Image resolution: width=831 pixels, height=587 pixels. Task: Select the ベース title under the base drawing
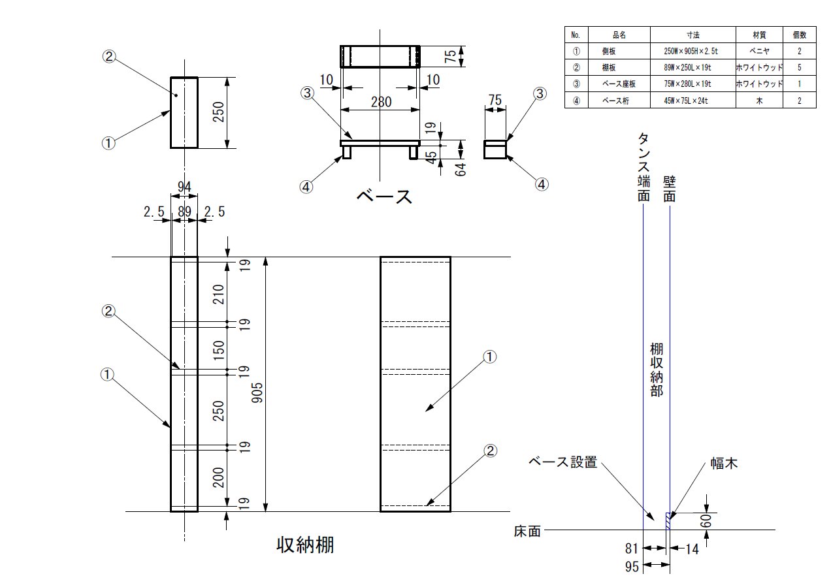click(384, 196)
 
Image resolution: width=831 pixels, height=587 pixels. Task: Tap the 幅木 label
click(725, 464)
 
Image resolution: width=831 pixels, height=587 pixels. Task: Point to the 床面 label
click(527, 531)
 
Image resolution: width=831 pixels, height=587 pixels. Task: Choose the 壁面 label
click(669, 188)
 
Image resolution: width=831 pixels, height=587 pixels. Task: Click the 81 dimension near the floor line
click(631, 549)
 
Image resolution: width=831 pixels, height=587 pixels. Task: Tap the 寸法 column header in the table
click(693, 35)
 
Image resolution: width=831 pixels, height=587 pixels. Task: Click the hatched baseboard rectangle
click(668, 520)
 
